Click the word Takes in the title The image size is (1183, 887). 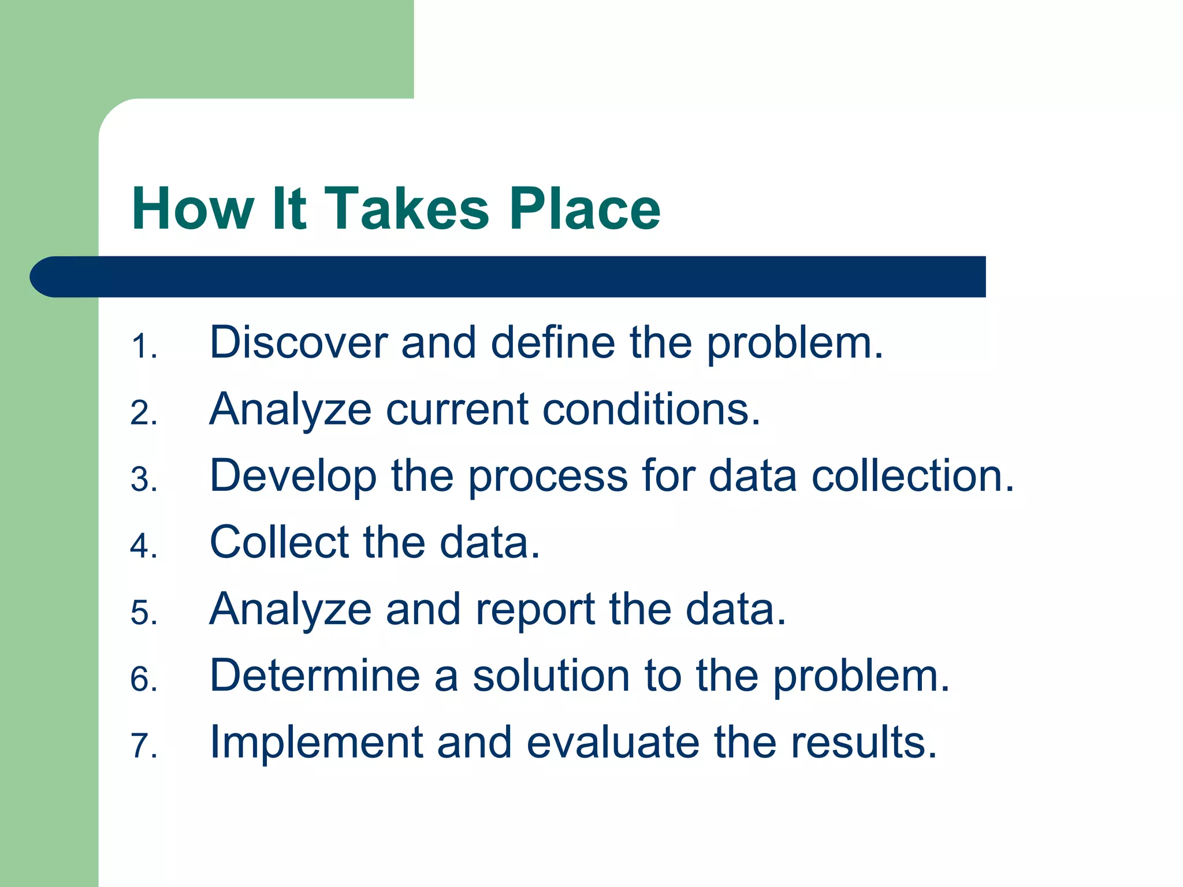(x=407, y=209)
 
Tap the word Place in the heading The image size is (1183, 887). (x=585, y=209)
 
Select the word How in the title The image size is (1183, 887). (x=193, y=209)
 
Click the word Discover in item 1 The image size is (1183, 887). (x=299, y=342)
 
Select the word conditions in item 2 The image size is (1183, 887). (x=652, y=409)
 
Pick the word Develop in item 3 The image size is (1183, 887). (x=293, y=476)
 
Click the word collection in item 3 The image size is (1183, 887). (x=912, y=476)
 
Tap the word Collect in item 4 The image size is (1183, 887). (x=280, y=542)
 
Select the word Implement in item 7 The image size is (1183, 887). (x=317, y=742)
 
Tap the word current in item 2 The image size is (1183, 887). (x=457, y=409)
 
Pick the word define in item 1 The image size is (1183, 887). (x=553, y=342)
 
